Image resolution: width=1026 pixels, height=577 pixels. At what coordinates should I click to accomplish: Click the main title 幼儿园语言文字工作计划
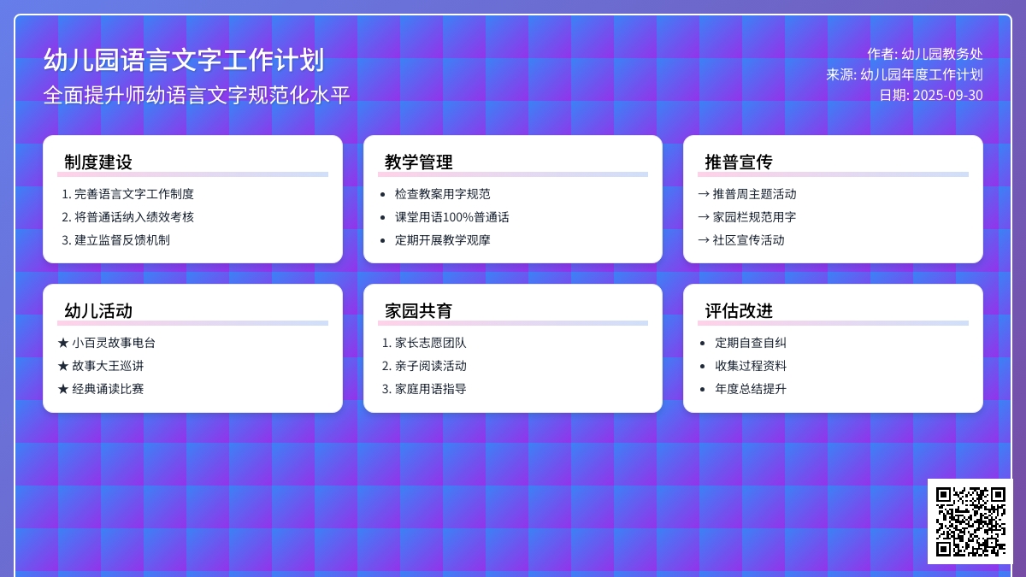coord(184,60)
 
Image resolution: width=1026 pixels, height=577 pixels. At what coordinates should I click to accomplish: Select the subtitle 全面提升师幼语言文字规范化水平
coord(197,95)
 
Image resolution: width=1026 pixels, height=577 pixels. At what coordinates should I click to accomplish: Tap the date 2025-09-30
coord(947,95)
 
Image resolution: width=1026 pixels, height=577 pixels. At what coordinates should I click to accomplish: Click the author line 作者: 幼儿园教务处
coord(925,54)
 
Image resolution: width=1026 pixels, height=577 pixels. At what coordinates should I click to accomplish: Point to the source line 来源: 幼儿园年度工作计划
coord(905,74)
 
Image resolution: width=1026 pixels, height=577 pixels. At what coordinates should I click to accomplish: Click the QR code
coord(970,521)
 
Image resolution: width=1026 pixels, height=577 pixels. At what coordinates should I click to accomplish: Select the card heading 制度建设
coord(98,162)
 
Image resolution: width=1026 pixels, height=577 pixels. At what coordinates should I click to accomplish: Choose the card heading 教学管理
coord(419,162)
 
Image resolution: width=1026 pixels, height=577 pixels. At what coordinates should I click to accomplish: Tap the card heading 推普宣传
coord(739,162)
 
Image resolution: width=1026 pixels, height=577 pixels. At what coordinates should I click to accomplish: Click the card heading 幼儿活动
coord(98,311)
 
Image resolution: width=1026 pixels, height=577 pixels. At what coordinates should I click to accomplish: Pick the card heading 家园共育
coord(419,311)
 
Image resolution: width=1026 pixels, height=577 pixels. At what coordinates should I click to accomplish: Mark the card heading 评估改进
coord(739,311)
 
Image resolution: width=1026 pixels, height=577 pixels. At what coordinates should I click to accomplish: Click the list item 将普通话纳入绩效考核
coord(134,217)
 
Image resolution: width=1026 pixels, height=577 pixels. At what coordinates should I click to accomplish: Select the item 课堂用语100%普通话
coord(452,217)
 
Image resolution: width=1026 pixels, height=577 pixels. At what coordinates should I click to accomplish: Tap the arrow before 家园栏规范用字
coord(704,217)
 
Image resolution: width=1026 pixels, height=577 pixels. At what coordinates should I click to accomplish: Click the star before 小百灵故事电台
coord(63,343)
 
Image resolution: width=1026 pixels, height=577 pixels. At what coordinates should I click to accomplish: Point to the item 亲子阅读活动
coord(431,366)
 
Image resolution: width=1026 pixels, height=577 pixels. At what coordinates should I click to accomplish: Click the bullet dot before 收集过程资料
coord(703,366)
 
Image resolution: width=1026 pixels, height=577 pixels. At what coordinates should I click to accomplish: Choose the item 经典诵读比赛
coord(108,389)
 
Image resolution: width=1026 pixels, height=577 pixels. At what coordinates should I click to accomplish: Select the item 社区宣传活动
coord(748,240)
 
